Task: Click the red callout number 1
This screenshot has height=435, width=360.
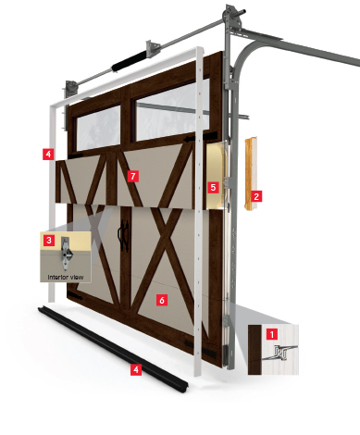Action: pos(272,334)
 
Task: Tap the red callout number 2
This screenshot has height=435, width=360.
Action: pos(256,196)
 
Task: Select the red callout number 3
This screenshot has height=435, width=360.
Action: pos(49,240)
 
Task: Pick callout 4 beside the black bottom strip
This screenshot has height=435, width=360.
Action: pos(136,369)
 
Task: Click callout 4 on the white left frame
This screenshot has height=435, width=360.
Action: pos(48,154)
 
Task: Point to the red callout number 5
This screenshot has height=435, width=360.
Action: pos(213,187)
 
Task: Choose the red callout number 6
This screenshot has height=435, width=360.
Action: pos(162,300)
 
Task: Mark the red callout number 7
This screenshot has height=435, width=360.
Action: pos(133,177)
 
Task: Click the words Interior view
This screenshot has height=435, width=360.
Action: pos(66,277)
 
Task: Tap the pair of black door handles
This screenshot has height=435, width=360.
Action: pos(123,236)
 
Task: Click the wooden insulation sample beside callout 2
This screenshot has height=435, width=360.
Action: pos(251,174)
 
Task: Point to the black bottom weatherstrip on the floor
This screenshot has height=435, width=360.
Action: pos(113,349)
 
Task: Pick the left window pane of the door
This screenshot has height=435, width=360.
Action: pos(98,127)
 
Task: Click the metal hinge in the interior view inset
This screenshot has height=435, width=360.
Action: pos(66,254)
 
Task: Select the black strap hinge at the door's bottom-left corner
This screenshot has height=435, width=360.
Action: pos(75,297)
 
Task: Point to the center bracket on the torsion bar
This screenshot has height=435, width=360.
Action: pos(154,48)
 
